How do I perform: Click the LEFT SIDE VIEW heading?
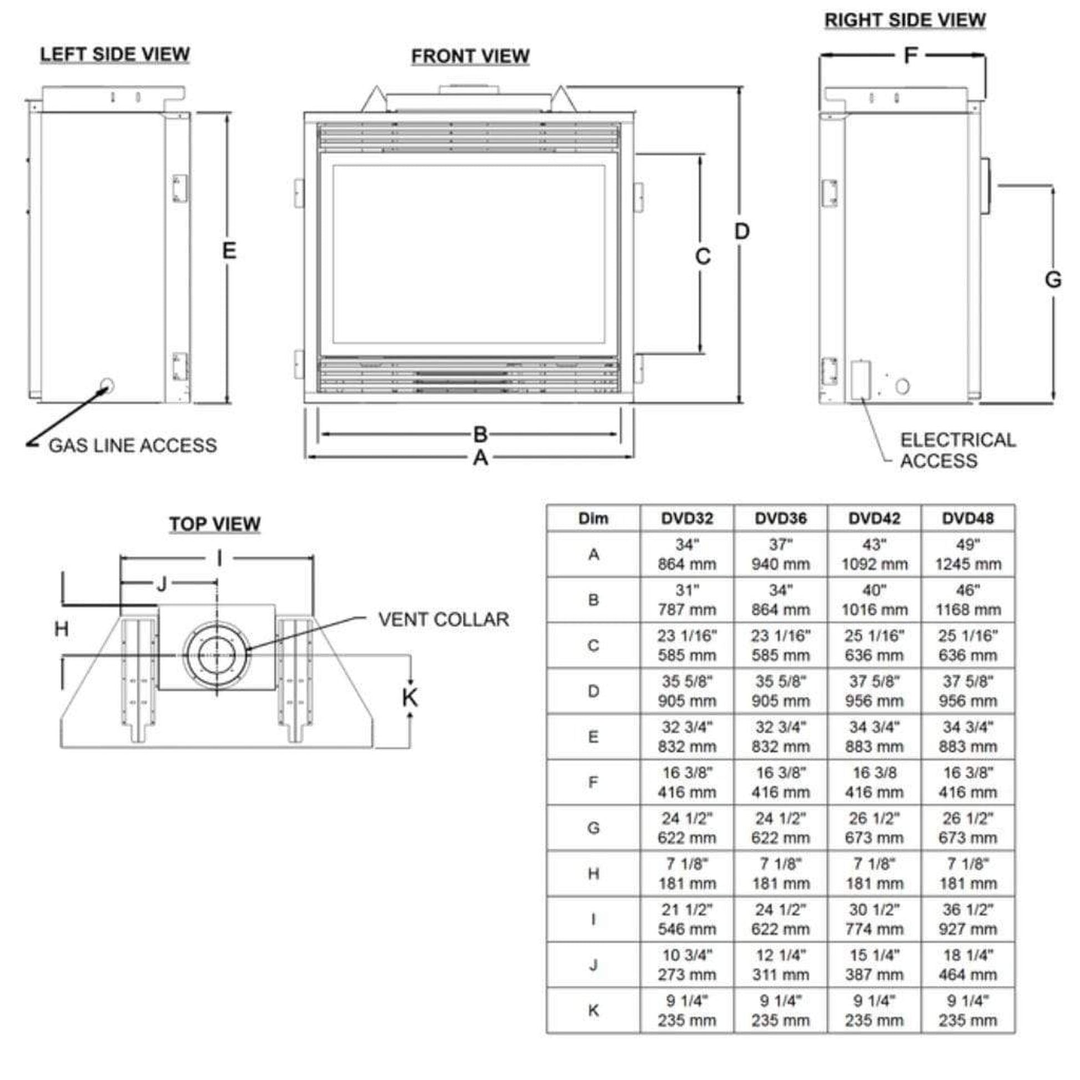pos(114,54)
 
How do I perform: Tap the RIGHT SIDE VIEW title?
pos(905,20)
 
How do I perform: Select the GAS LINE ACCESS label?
pos(133,446)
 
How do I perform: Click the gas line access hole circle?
pos(106,385)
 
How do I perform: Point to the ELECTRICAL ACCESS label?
pos(957,451)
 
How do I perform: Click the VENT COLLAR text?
pos(443,619)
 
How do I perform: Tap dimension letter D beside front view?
pos(741,231)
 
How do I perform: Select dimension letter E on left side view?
pos(229,250)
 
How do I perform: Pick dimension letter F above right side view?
pos(911,55)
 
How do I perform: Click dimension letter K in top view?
pos(410,698)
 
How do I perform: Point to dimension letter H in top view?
pos(62,629)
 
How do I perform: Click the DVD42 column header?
pos(874,518)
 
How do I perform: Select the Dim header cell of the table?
pos(593,518)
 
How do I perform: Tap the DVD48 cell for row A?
pos(968,554)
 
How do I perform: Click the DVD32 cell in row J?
pos(687,965)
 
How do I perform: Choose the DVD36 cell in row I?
pos(780,919)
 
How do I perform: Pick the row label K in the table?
pos(593,1011)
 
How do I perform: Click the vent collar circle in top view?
pos(217,655)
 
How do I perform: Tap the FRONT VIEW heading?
pos(470,57)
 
